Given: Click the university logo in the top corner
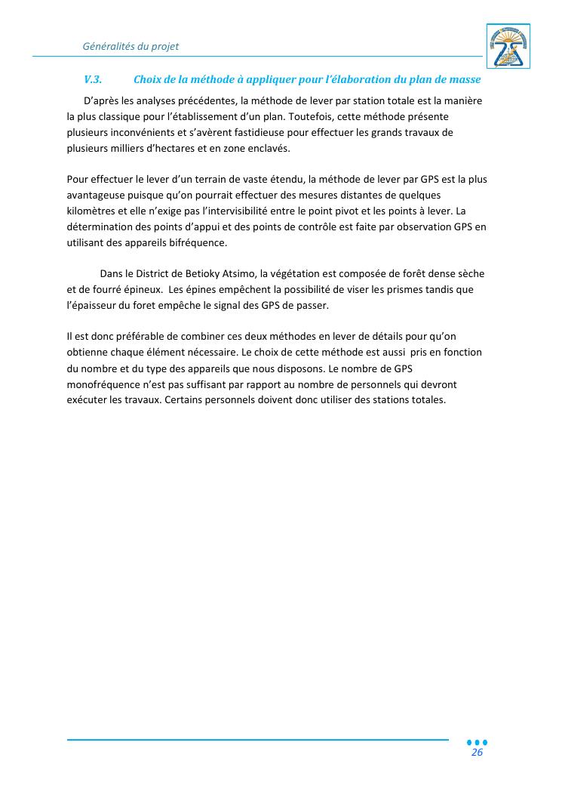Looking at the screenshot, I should pyautogui.click(x=508, y=46).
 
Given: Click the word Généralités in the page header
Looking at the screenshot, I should pyautogui.click(x=109, y=46).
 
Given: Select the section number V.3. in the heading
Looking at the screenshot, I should pyautogui.click(x=93, y=80).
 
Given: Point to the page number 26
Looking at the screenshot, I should pyautogui.click(x=477, y=753).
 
